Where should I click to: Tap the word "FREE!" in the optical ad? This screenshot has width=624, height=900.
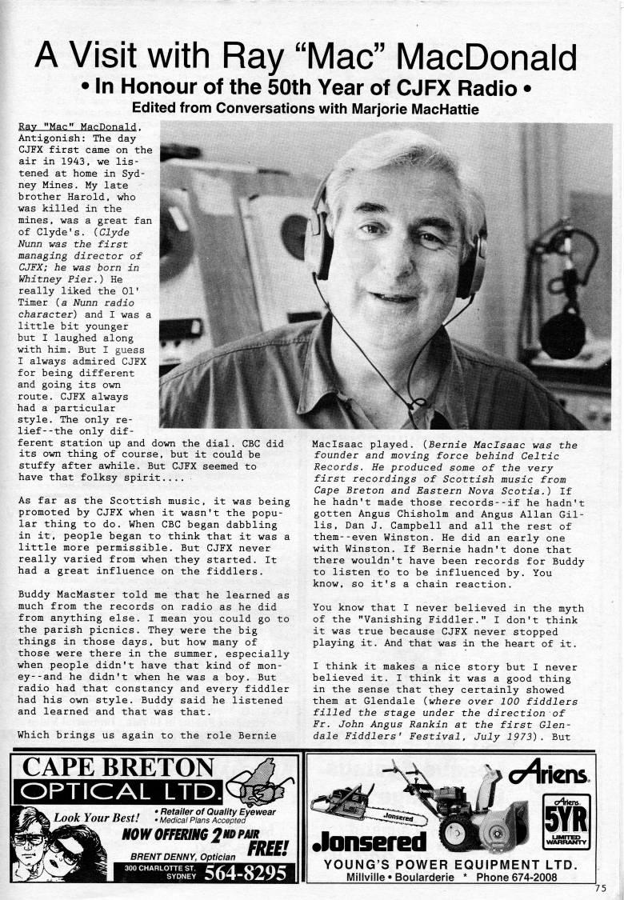pyautogui.click(x=270, y=847)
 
